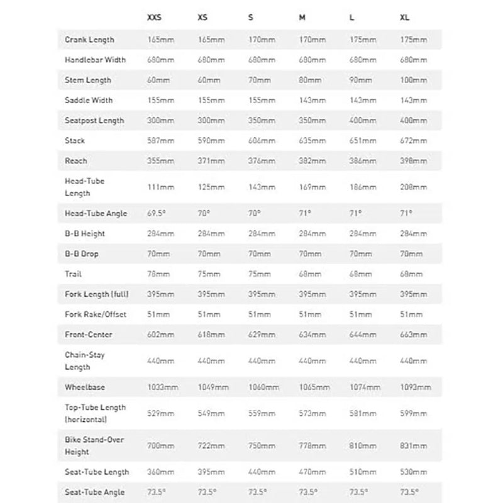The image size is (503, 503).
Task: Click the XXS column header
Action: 153,18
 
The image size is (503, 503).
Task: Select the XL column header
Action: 405,18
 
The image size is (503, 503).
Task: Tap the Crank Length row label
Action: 89,40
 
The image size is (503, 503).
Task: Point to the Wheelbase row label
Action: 86,387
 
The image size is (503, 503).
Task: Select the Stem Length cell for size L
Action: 362,80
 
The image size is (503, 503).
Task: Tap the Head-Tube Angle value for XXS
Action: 157,213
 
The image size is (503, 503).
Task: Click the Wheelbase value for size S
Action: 263,387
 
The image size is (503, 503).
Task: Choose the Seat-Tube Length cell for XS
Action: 211,472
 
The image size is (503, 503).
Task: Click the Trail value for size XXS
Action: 158,274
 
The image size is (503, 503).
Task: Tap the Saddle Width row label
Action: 89,100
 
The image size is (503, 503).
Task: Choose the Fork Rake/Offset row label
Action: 95,314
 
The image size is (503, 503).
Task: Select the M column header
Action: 302,18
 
